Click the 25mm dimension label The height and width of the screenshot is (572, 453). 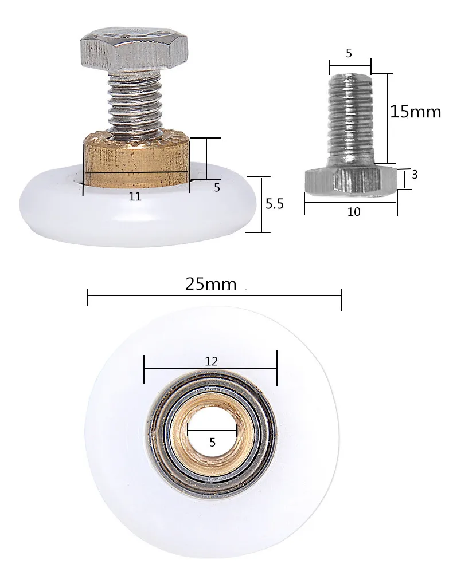click(x=211, y=283)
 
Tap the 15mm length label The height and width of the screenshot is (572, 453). click(x=416, y=111)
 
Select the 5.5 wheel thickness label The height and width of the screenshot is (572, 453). click(x=274, y=204)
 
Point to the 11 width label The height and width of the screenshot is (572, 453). click(x=135, y=196)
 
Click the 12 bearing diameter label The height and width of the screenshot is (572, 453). click(x=211, y=361)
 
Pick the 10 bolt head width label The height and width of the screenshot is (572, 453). click(x=354, y=212)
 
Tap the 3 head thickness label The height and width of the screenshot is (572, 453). click(x=414, y=175)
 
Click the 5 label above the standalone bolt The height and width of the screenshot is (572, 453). click(x=349, y=53)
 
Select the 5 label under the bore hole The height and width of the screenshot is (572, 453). click(x=212, y=443)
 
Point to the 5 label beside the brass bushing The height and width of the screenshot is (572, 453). click(x=217, y=187)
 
